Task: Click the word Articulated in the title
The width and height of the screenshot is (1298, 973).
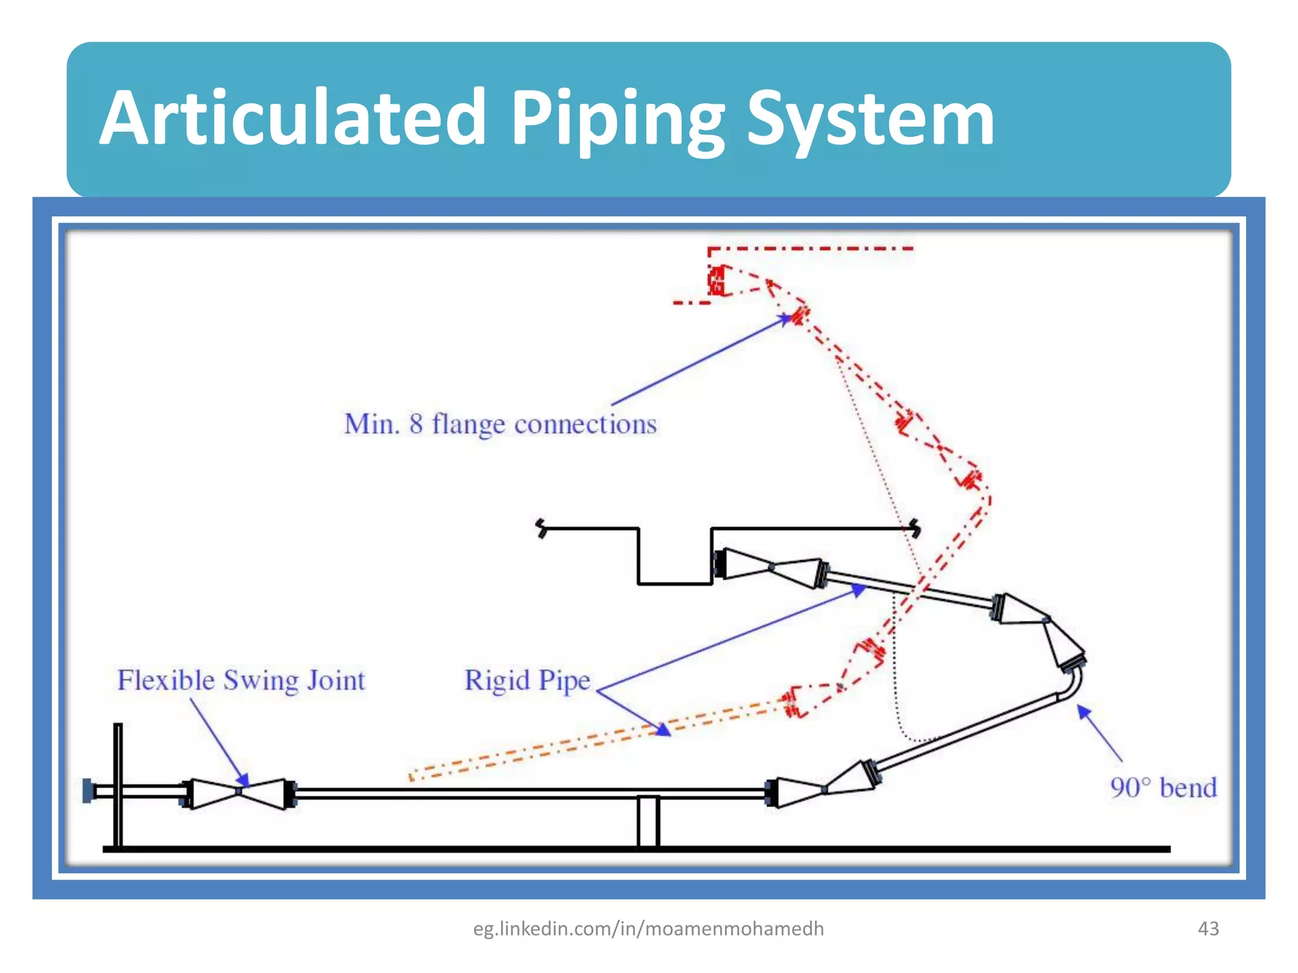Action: pos(293,118)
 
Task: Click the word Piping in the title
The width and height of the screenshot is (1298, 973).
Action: pos(617,120)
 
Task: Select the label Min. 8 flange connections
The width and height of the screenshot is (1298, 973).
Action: pos(500,424)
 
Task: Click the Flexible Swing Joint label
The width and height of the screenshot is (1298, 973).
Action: pos(241,680)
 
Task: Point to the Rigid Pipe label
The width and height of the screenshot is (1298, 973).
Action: pos(527,681)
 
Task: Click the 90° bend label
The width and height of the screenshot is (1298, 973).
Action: pos(1163,788)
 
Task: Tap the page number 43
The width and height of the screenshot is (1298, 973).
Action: pos(1208,929)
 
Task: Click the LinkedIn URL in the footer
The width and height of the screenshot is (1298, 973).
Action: pos(648,929)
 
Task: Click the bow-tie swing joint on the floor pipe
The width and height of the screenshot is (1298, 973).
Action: pos(239,792)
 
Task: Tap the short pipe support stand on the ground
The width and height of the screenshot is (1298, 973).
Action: pos(648,821)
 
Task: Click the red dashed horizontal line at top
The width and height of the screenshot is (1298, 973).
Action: pos(811,248)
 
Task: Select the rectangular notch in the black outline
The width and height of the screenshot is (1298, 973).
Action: pos(674,557)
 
